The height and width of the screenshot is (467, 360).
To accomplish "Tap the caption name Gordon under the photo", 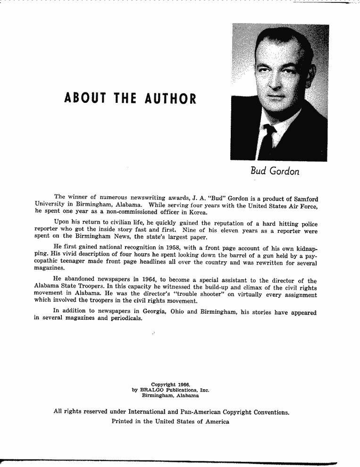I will pyautogui.click(x=284, y=171).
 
